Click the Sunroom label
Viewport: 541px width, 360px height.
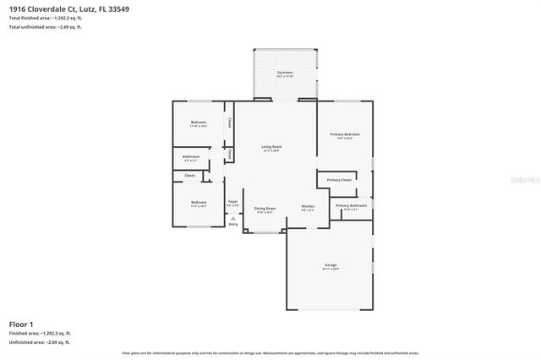pos(285,73)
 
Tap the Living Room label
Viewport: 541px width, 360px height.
pos(271,147)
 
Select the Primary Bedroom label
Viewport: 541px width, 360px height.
pos(344,134)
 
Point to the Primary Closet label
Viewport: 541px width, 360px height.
pos(339,180)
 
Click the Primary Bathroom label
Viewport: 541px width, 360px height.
pos(351,205)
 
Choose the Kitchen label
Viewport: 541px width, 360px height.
pos(309,207)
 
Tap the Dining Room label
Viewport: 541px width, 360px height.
pos(265,208)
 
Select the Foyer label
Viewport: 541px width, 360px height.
pos(233,202)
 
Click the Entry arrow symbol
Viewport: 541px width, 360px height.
pos(233,218)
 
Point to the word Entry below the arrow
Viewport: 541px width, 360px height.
pos(233,225)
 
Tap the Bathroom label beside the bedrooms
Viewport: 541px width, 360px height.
pos(191,156)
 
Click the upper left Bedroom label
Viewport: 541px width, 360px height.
pos(199,123)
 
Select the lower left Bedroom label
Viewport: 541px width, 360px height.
pos(199,203)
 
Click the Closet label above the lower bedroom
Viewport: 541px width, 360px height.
pos(189,176)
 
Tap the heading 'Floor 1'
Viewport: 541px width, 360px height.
pos(21,324)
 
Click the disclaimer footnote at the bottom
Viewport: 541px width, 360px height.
pos(270,352)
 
